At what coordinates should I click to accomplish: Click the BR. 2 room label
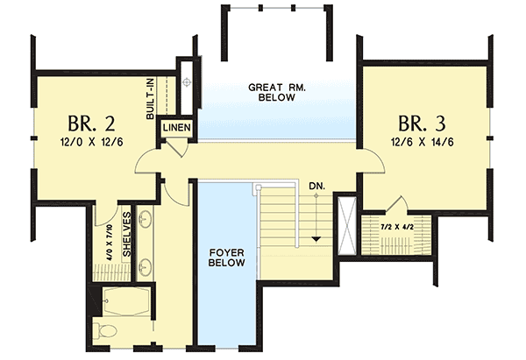[x=83, y=121]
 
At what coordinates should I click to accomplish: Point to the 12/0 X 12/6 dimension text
[x=83, y=141]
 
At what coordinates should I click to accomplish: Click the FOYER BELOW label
[x=227, y=258]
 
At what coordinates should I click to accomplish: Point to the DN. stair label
[x=317, y=187]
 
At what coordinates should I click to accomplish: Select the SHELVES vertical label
[x=126, y=236]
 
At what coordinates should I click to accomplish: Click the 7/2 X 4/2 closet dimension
[x=397, y=226]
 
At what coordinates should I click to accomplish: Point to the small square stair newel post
[x=258, y=187]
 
